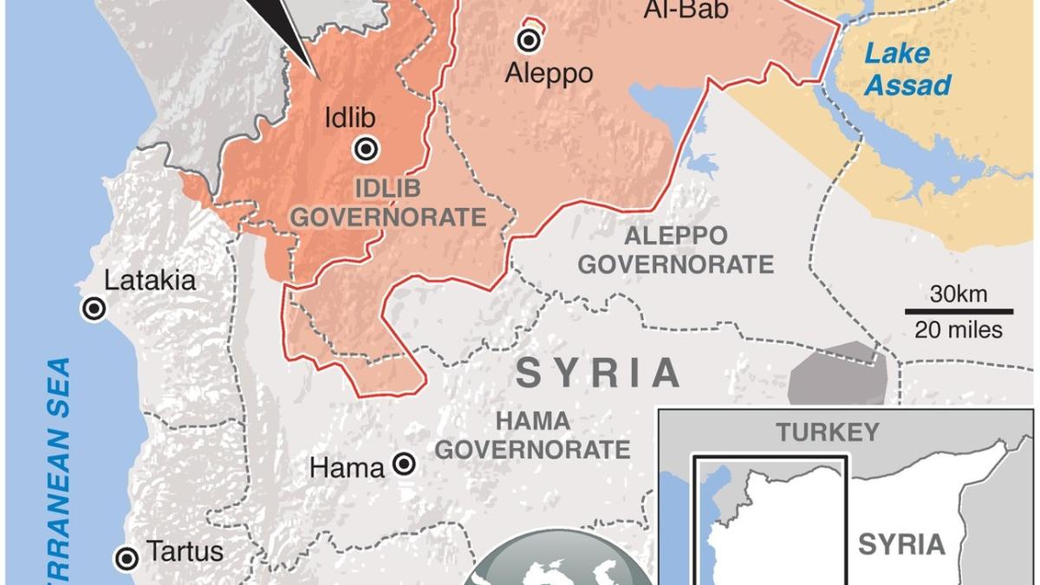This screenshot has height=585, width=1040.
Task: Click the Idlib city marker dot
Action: point(367,149)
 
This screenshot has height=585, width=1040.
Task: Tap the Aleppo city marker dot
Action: point(527,40)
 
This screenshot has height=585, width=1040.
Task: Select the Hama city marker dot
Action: point(403,465)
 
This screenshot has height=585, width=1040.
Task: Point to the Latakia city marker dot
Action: point(94,309)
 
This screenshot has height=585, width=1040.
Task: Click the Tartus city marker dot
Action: point(128,557)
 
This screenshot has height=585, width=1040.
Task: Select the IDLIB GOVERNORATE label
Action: point(387,202)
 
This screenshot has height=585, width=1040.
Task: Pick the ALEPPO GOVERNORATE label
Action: point(675,250)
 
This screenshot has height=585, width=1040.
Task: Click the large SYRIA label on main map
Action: point(599,374)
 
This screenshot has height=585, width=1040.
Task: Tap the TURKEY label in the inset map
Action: point(827,432)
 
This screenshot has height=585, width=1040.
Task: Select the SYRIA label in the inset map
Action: point(901,544)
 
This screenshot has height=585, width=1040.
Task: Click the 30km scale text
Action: point(959,294)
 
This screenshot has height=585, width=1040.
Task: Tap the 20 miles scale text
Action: point(959,329)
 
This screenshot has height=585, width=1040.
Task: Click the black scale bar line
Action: point(959,311)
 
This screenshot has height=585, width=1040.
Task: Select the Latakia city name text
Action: point(150,281)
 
